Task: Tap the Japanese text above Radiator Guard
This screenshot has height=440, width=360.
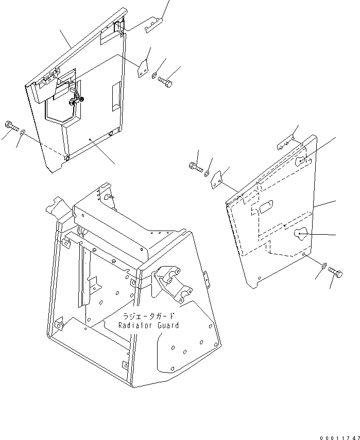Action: click(x=149, y=316)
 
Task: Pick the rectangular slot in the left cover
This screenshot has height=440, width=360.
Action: click(x=114, y=96)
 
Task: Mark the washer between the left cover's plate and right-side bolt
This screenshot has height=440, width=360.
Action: click(x=154, y=76)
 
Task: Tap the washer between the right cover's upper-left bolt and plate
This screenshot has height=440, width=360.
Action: click(x=207, y=174)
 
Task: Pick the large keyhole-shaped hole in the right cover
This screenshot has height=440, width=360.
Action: click(x=300, y=234)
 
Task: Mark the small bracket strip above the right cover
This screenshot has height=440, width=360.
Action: click(x=286, y=145)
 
